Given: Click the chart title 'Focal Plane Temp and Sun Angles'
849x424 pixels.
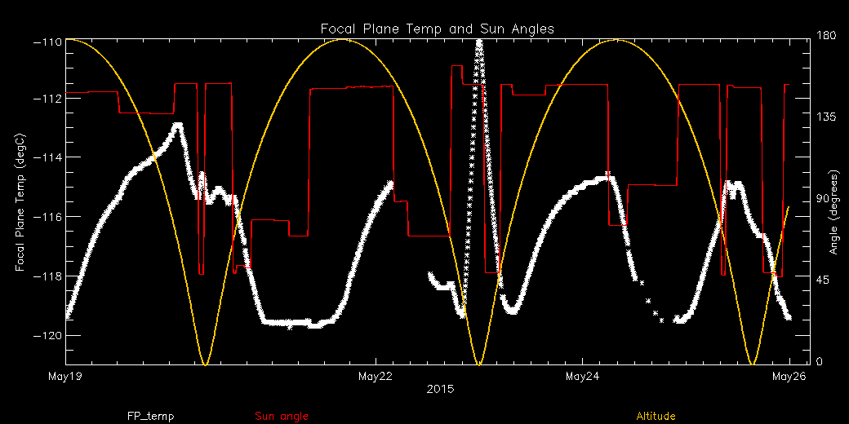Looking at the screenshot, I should (x=438, y=29).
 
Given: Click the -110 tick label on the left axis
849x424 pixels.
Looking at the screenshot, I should (x=46, y=39).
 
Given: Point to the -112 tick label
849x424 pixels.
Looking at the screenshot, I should (x=46, y=98).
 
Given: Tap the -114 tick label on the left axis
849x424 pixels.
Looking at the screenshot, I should (x=46, y=157).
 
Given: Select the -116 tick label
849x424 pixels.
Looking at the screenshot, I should (x=46, y=216).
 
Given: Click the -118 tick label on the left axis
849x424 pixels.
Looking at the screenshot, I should (x=46, y=276).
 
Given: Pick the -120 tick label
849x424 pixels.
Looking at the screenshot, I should (x=46, y=335).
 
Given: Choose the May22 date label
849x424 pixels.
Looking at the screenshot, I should (x=375, y=377).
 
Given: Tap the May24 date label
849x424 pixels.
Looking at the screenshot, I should (x=582, y=377).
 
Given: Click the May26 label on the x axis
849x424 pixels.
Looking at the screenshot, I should (x=789, y=377).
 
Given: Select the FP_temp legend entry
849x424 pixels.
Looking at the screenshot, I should (x=150, y=417).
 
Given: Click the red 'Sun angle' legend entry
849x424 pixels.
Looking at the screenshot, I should (x=282, y=417).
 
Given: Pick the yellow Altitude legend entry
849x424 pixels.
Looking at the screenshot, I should (x=656, y=417).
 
